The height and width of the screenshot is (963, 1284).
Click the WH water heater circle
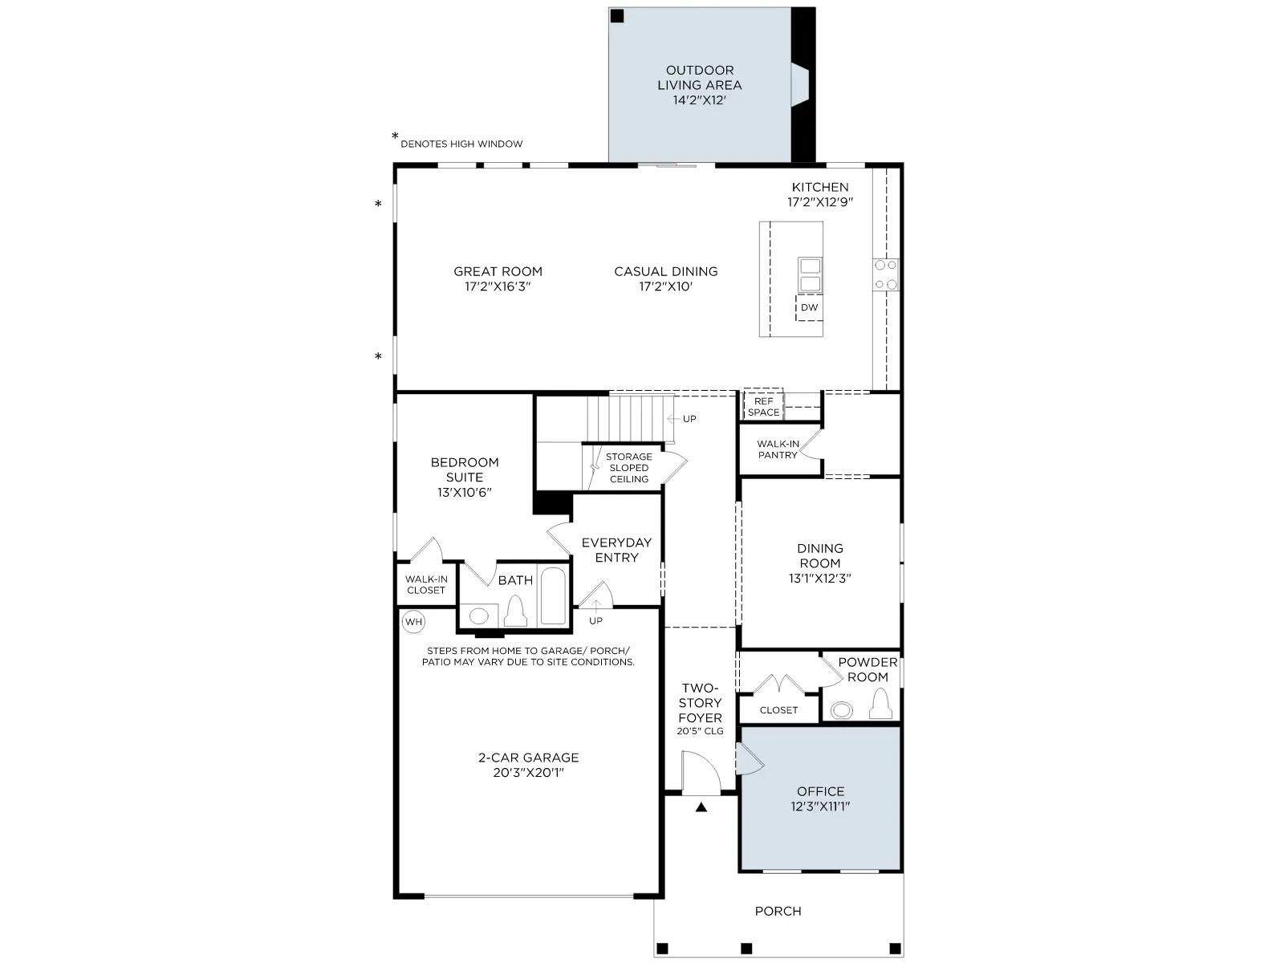(413, 621)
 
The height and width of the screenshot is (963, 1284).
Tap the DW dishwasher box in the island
(809, 307)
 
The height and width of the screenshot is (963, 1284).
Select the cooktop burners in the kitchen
(886, 274)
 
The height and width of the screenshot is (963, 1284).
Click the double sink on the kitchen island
(811, 274)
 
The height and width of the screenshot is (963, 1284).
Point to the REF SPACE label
(763, 406)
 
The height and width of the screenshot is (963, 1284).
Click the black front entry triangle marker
(701, 807)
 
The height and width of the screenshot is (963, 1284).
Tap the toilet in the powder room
(880, 704)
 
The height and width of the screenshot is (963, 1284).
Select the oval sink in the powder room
(842, 710)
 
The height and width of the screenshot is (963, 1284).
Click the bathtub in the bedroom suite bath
(552, 595)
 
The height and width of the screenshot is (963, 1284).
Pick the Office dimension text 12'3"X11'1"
(820, 807)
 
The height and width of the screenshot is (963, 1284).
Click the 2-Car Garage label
(528, 758)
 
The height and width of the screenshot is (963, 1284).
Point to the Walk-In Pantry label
(778, 449)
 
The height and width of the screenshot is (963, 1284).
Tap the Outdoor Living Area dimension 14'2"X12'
(699, 100)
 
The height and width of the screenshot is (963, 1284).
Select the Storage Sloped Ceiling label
(629, 468)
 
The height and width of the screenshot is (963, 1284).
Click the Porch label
(778, 911)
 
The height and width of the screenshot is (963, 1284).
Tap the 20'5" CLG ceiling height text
(701, 731)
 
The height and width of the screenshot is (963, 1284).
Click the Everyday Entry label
(616, 550)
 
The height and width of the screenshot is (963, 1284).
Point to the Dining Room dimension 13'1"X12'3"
(819, 579)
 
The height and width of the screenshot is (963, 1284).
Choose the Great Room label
(498, 271)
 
